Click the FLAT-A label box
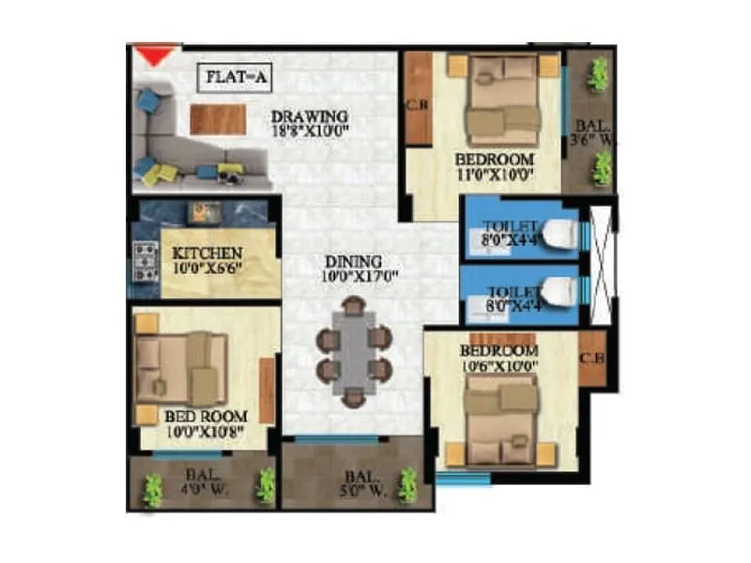click(234, 78)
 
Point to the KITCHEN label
click(208, 253)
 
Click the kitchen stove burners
click(146, 262)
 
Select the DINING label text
click(354, 261)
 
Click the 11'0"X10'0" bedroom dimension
click(494, 174)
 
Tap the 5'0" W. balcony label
click(360, 488)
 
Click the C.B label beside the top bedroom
click(417, 105)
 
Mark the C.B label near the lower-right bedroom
click(591, 357)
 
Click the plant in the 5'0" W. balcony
click(407, 485)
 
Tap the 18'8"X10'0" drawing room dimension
click(310, 131)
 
